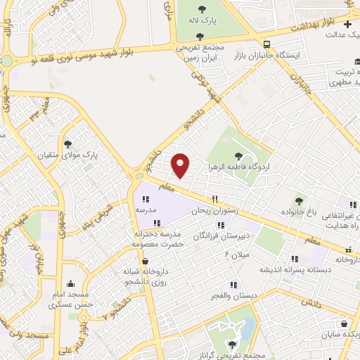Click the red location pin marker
point(181,165)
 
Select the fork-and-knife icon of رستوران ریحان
point(215,199)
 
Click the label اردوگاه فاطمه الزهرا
point(239,167)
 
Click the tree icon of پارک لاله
point(202,9)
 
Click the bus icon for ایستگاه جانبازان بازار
point(266,42)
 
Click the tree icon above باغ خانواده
point(299,201)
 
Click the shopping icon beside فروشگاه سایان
point(343,324)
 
